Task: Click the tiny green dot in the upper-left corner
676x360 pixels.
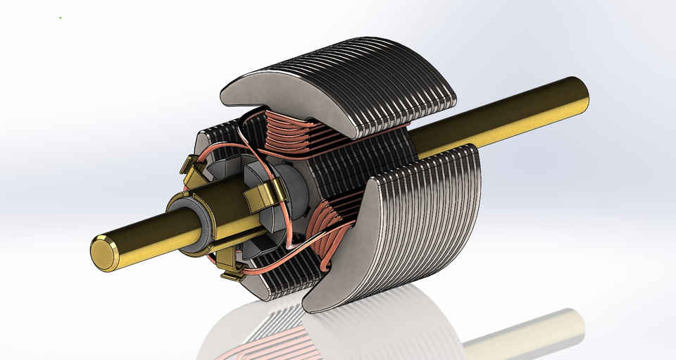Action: [60, 18]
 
